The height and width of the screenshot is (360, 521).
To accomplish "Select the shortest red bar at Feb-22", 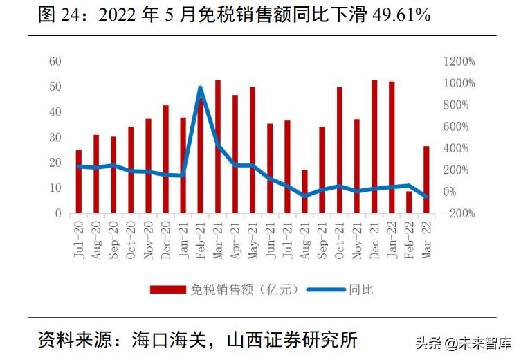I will [409, 202].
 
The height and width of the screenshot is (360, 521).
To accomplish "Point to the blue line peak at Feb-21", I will [200, 88].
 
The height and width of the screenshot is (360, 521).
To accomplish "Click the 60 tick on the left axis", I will [55, 62].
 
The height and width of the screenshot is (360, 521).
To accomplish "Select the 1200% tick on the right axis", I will [459, 62].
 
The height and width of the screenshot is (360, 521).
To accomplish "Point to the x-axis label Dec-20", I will [166, 239].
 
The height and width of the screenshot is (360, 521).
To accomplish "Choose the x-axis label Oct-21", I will [340, 239].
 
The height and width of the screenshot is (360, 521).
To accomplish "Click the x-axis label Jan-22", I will [392, 239].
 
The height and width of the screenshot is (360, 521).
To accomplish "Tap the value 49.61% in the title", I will [393, 15].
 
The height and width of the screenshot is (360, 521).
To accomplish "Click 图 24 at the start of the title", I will [56, 15].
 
